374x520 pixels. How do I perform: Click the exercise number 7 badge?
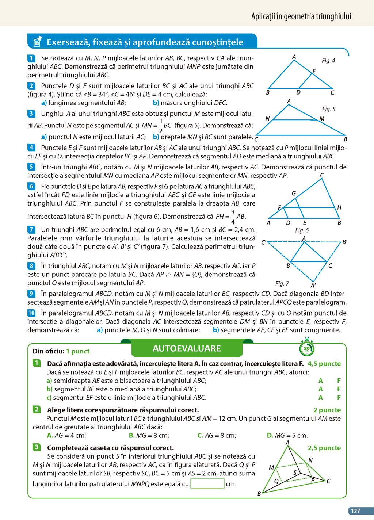(x=31, y=230)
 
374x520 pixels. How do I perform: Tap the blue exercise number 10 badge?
(x=31, y=313)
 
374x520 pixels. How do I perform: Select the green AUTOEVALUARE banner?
(x=187, y=348)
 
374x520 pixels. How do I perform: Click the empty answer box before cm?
(x=207, y=483)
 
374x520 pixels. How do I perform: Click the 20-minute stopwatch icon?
(x=306, y=348)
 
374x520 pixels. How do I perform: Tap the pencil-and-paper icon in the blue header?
(x=37, y=42)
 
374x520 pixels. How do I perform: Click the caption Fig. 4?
(x=328, y=61)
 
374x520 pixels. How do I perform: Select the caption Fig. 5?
(x=329, y=109)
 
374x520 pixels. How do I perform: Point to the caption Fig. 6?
(x=302, y=230)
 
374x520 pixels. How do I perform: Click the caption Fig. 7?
(x=282, y=283)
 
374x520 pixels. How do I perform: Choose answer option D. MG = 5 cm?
(x=287, y=435)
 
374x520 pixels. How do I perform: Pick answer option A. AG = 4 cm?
(x=66, y=435)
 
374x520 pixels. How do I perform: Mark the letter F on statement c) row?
(x=339, y=398)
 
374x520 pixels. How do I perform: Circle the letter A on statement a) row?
(x=321, y=381)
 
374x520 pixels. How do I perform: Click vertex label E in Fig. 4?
(x=314, y=71)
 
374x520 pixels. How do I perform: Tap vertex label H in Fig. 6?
(x=339, y=207)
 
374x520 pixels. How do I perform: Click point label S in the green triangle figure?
(x=295, y=473)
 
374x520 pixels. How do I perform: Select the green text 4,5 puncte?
(x=324, y=364)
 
